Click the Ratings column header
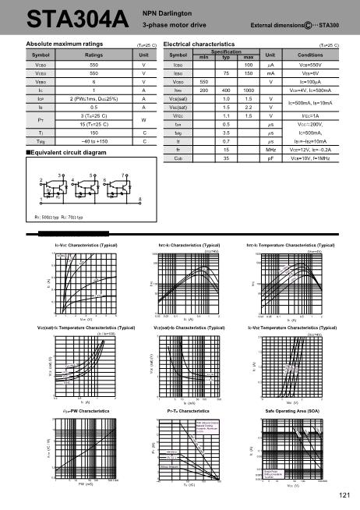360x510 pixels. [94, 56]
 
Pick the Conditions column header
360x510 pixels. [310, 55]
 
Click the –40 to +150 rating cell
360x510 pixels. [94, 142]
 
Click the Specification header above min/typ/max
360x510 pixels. [226, 52]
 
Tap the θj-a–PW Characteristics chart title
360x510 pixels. [75, 409]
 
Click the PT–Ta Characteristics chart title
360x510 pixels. [185, 409]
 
